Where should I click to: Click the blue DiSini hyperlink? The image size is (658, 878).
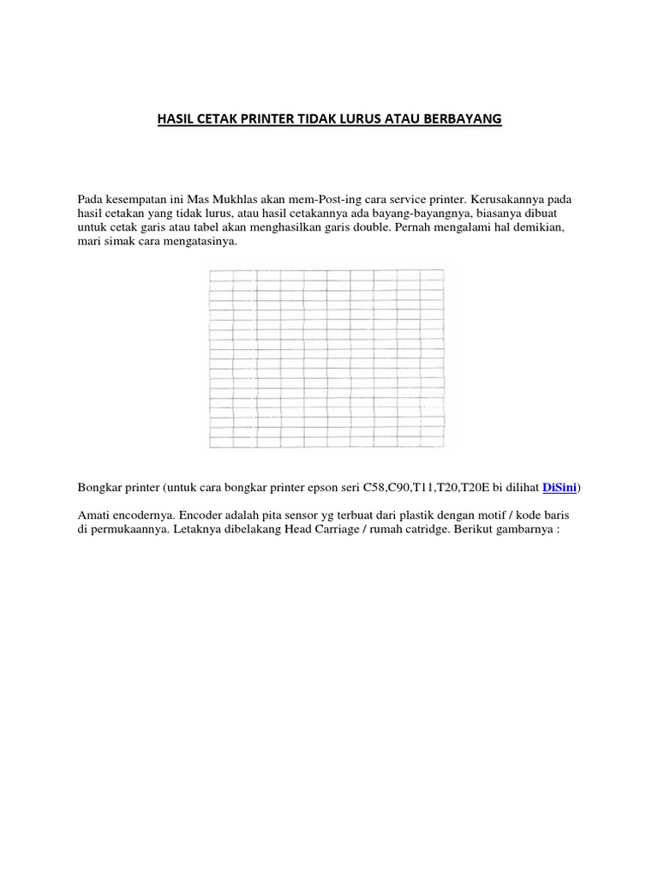[560, 488]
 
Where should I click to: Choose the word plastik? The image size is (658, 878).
[410, 515]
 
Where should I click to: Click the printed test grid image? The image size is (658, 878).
[326, 359]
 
